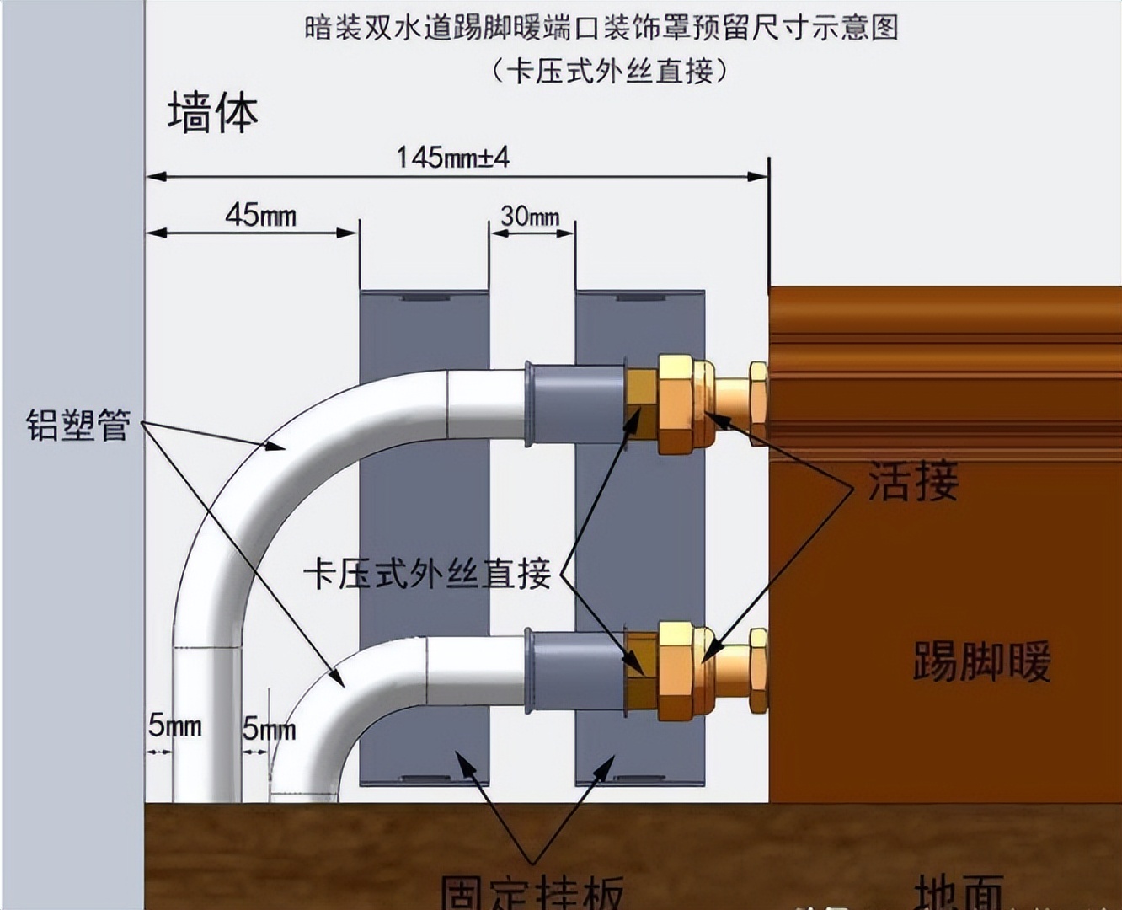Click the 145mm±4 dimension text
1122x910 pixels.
pyautogui.click(x=453, y=158)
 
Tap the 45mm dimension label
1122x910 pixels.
pyautogui.click(x=260, y=216)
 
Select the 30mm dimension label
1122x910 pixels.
pyautogui.click(x=530, y=217)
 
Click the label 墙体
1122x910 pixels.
pyautogui.click(x=212, y=114)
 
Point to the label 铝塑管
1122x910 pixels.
pyautogui.click(x=77, y=425)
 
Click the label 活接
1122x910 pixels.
pyautogui.click(x=913, y=482)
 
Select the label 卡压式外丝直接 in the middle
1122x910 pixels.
pyautogui.click(x=428, y=575)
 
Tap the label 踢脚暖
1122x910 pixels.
pyautogui.click(x=982, y=661)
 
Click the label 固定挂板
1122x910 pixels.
pyautogui.click(x=532, y=891)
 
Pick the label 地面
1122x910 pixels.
pyautogui.click(x=960, y=891)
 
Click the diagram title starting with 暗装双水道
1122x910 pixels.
pyautogui.click(x=601, y=28)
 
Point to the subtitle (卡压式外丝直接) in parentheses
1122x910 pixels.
pyautogui.click(x=608, y=70)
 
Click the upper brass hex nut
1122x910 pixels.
pyautogui.click(x=679, y=404)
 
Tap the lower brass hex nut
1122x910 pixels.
pyautogui.click(x=679, y=671)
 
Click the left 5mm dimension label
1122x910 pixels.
pyautogui.click(x=175, y=725)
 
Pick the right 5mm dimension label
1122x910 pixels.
pyautogui.click(x=269, y=729)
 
